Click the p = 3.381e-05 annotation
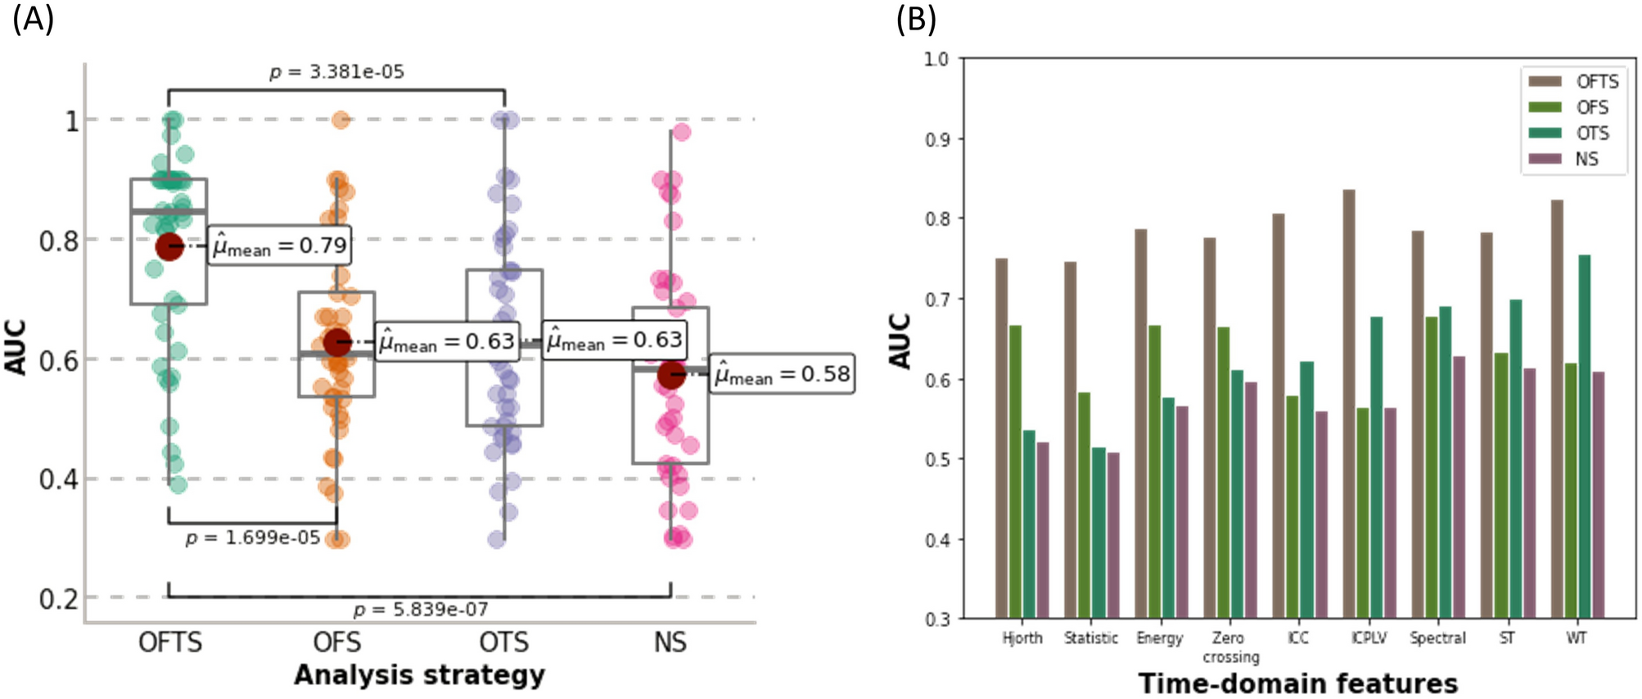[x=337, y=72]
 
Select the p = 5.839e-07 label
[x=421, y=610]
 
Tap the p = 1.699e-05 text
[x=253, y=539]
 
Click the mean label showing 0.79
[x=280, y=246]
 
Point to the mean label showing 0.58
[x=782, y=374]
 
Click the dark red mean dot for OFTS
[x=169, y=246]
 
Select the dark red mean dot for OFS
[x=337, y=342]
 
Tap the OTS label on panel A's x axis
[x=504, y=643]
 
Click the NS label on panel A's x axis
[x=670, y=643]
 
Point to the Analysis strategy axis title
[x=419, y=675]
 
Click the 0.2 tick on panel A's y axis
[x=59, y=599]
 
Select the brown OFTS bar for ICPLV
[x=1349, y=404]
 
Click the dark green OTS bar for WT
[x=1584, y=436]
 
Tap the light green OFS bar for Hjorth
[x=1015, y=471]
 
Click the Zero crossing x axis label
[x=1229, y=647]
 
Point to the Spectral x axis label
[x=1437, y=638]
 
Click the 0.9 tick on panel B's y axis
[x=936, y=139]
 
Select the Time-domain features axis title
[x=1297, y=683]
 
